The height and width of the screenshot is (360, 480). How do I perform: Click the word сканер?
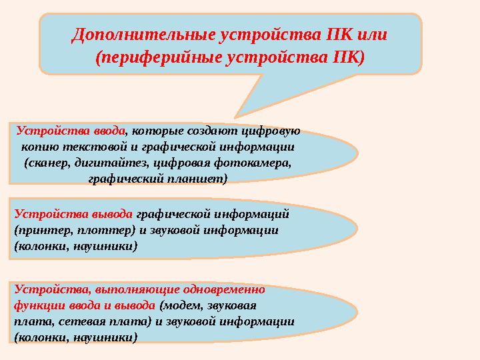tap(47, 163)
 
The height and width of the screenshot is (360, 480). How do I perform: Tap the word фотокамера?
tap(258, 163)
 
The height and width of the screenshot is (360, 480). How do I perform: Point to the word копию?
tap(39, 147)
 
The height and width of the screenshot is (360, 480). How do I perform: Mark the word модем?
tap(181, 305)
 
